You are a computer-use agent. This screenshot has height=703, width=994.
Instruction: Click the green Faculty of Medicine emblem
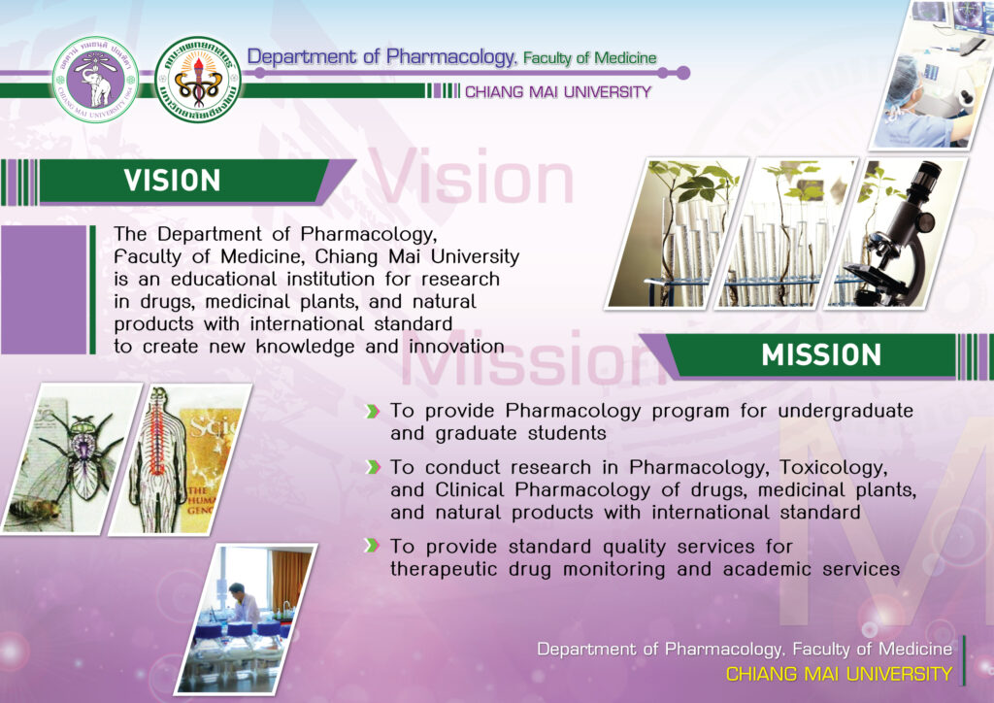(x=198, y=79)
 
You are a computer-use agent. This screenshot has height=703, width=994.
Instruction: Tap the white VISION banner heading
(x=173, y=181)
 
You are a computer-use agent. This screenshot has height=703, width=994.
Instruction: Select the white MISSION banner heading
(x=821, y=355)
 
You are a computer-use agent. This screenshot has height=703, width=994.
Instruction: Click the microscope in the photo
(x=894, y=235)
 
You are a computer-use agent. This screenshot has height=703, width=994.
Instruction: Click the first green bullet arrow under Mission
(x=373, y=412)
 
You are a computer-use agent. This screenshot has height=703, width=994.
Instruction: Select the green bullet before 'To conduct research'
(x=373, y=467)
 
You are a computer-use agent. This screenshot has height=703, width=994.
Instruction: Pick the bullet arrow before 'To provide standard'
(x=373, y=546)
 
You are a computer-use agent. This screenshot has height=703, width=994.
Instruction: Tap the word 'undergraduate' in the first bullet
(x=845, y=412)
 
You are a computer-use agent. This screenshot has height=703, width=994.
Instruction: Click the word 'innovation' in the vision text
(x=456, y=347)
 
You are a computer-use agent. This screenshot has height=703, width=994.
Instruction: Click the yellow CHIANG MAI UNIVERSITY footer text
(x=839, y=674)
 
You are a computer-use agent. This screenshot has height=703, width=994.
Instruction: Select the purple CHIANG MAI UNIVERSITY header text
(x=558, y=92)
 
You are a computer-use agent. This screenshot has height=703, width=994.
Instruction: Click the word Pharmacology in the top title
(x=451, y=57)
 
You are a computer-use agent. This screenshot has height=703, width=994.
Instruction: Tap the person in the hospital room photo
(x=243, y=605)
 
